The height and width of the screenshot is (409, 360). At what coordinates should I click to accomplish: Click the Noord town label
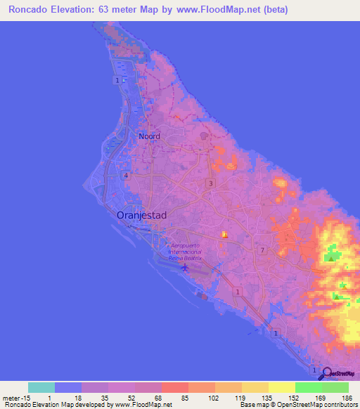click(x=149, y=136)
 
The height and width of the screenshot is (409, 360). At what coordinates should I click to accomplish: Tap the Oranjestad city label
click(x=141, y=216)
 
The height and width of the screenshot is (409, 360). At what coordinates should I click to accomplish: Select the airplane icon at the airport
click(x=185, y=268)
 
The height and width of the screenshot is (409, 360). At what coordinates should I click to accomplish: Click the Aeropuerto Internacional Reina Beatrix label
click(x=185, y=252)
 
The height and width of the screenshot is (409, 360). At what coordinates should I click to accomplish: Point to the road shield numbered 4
click(x=127, y=175)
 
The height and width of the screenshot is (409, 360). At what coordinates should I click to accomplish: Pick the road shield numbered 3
click(x=210, y=183)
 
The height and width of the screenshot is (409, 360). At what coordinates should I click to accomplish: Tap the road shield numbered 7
click(x=262, y=250)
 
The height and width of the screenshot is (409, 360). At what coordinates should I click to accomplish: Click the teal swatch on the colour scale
click(x=41, y=387)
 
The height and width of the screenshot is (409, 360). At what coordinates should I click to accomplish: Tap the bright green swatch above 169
click(x=309, y=387)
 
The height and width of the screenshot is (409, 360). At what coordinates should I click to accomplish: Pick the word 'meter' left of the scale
click(x=13, y=398)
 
